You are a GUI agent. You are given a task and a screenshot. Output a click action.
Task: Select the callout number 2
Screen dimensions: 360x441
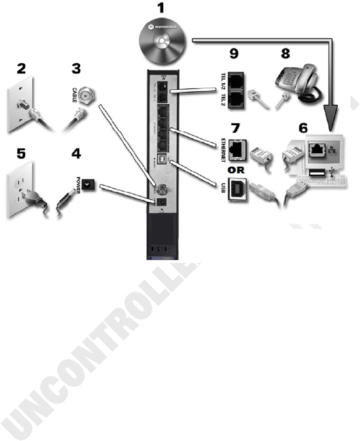click(21, 69)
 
